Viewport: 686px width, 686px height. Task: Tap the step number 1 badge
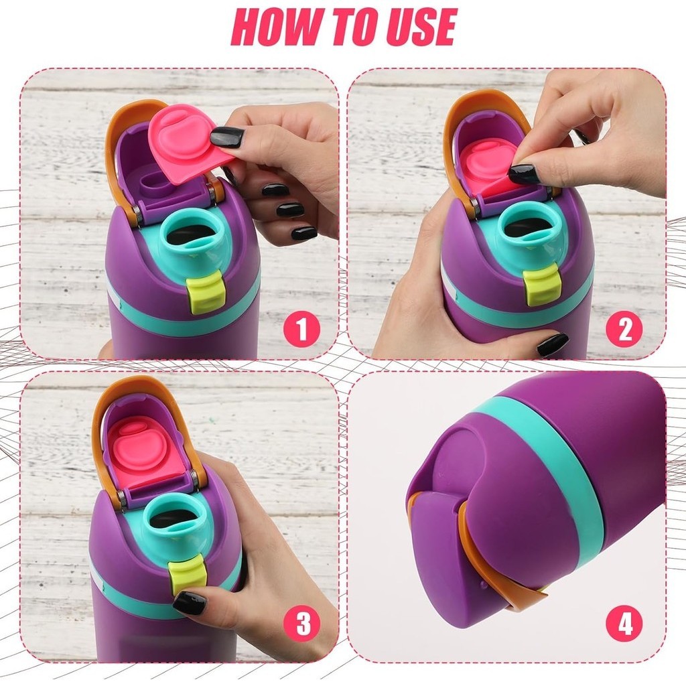[x=301, y=329]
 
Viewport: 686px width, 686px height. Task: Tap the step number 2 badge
[x=624, y=329]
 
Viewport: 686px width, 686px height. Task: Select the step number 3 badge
[x=301, y=623]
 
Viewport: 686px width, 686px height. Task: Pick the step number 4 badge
[x=624, y=623]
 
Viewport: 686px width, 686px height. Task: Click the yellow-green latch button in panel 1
[x=206, y=292]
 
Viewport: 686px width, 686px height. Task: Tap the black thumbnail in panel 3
[x=190, y=603]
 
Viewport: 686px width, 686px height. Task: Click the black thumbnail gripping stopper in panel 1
[x=228, y=137]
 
